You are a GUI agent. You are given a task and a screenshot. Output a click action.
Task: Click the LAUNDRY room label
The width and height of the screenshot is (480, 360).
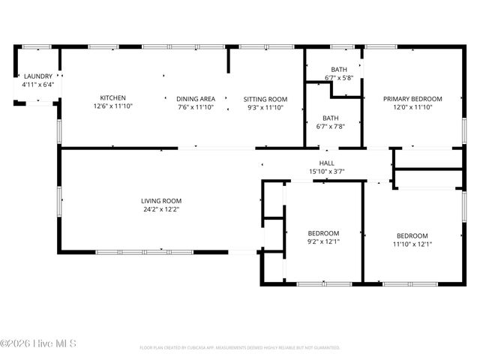(37, 76)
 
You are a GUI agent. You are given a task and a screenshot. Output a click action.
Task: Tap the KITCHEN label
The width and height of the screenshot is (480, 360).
(113, 98)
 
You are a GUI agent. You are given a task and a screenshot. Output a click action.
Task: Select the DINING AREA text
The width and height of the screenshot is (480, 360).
(196, 99)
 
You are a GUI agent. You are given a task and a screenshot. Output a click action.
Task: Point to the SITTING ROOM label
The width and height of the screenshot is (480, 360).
(265, 99)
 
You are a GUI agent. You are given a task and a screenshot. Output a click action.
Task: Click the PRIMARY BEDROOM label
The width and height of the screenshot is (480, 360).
(412, 99)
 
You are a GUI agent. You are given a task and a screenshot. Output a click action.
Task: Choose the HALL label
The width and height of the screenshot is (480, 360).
(326, 163)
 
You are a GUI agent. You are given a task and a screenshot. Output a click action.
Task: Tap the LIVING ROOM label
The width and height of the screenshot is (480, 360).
(161, 201)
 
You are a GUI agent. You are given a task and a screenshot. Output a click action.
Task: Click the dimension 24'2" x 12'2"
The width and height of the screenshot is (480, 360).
(161, 210)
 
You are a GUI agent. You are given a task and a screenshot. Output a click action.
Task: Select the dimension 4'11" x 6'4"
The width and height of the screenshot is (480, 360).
(37, 85)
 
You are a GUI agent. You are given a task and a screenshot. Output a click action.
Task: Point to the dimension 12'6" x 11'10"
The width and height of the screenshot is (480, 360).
(113, 107)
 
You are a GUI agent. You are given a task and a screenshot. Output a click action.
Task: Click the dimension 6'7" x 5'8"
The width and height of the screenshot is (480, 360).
(339, 78)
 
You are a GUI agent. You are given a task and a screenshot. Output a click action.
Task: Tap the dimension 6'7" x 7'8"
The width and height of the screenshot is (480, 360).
(330, 127)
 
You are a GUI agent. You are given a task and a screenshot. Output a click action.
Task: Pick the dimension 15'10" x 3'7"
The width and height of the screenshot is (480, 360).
(326, 172)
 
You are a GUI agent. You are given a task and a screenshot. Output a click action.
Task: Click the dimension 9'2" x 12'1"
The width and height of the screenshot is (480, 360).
(324, 241)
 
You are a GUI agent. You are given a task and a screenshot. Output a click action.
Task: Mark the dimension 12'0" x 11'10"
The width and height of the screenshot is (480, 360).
(412, 107)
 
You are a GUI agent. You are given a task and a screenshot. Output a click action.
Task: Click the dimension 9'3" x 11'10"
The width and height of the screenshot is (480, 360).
(265, 107)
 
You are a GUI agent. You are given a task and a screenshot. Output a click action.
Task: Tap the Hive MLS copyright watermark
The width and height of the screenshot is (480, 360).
(39, 344)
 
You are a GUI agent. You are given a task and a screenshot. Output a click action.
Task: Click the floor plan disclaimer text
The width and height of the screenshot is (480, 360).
(240, 348)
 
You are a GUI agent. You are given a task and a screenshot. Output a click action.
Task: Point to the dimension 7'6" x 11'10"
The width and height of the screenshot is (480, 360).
(196, 107)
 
